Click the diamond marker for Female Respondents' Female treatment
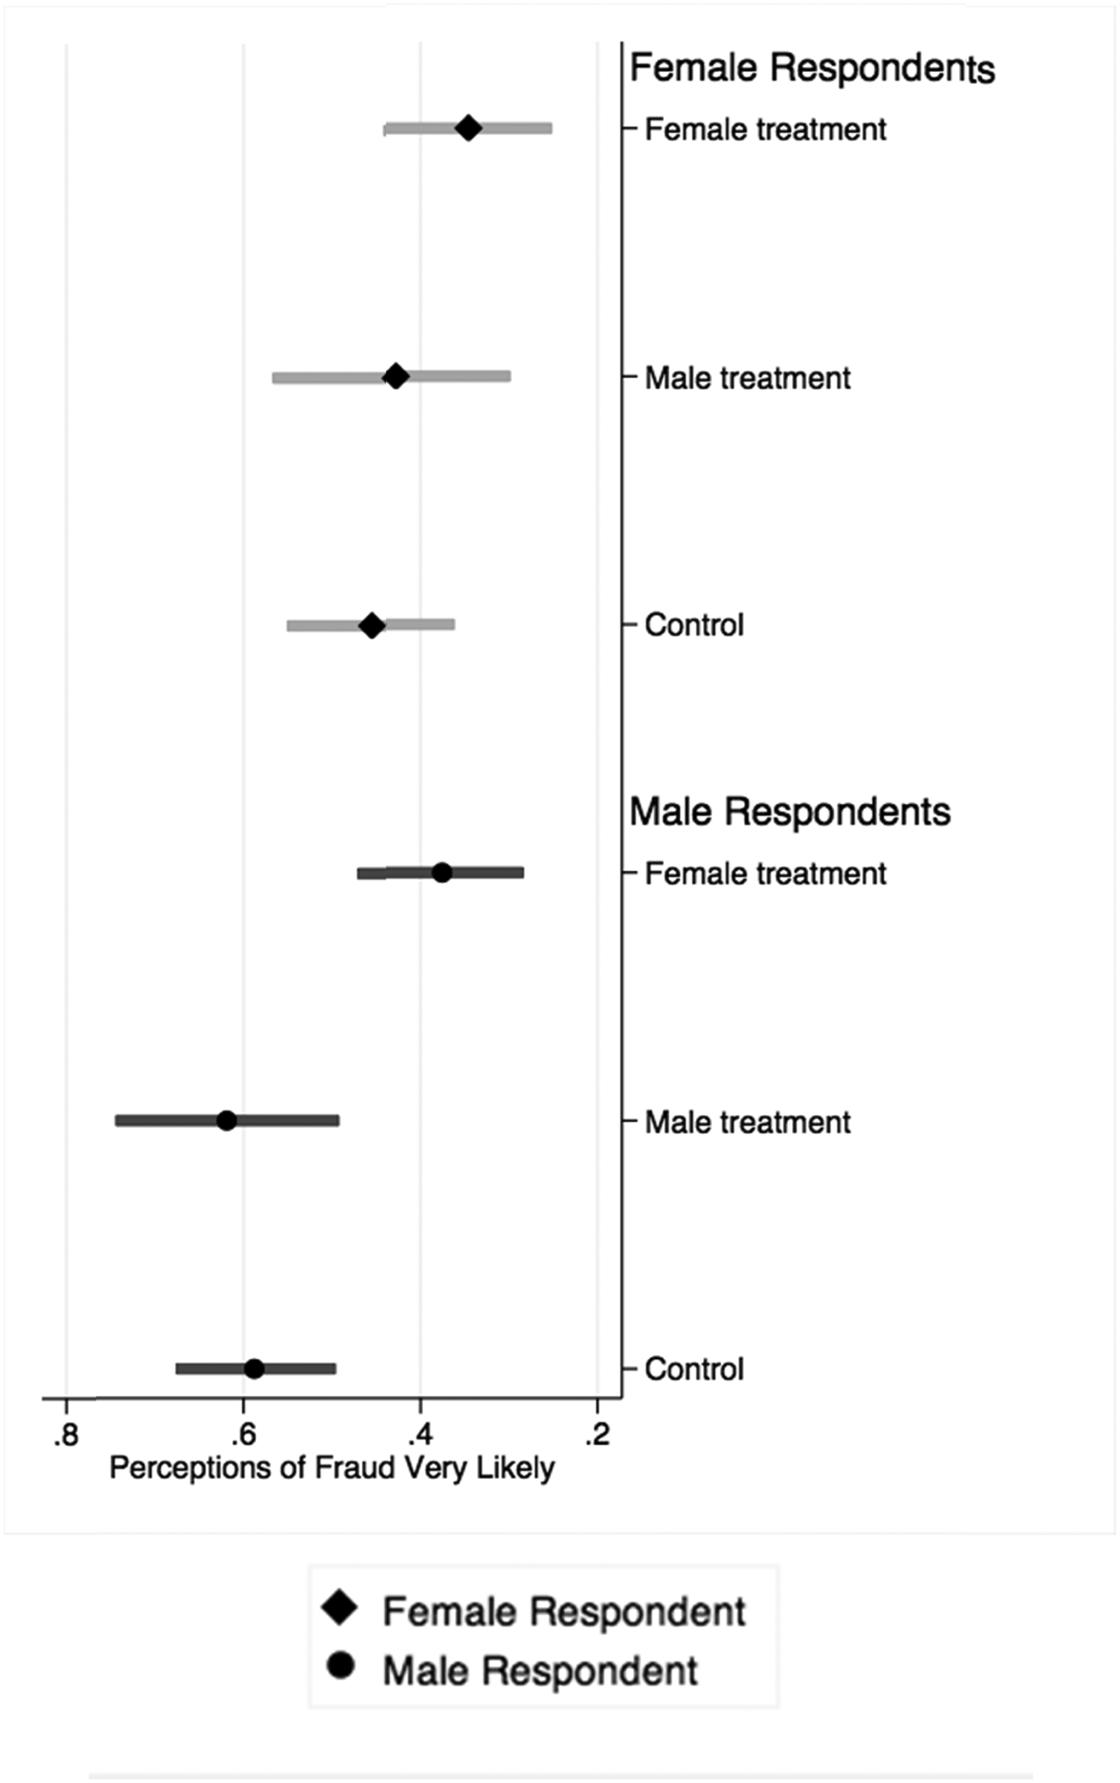pos(468,128)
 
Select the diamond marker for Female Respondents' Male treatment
pos(395,376)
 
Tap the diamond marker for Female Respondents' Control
pos(371,625)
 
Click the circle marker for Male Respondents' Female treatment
pos(442,873)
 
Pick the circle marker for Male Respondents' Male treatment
pos(227,1121)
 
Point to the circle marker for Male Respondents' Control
pos(254,1369)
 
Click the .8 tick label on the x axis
pos(66,1434)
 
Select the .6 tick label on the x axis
pos(243,1434)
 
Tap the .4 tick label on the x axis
pos(420,1434)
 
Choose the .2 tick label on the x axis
pos(597,1434)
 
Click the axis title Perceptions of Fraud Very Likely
pos(331,1469)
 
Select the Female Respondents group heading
pos(812,68)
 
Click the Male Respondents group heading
pos(790,812)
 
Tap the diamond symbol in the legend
pos(340,1609)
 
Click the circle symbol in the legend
pos(341,1666)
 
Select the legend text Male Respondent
pos(540,1671)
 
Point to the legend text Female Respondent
pos(564,1611)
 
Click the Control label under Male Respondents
pos(694,1369)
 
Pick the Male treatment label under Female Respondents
pos(747,378)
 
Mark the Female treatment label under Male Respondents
pos(765,874)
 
